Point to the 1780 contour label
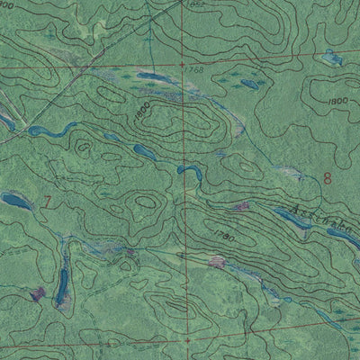click(225, 237)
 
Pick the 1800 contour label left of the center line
click(140, 112)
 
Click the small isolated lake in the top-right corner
click(333, 60)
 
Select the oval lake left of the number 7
click(15, 200)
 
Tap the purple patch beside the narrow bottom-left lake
click(38, 293)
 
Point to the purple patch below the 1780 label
click(216, 263)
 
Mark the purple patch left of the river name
click(240, 207)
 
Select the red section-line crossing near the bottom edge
click(190, 341)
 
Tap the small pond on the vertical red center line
click(187, 168)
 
